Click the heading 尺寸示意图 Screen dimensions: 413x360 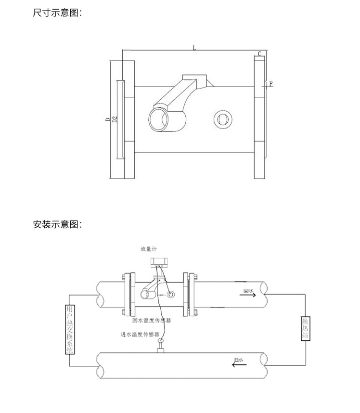(x=57, y=13)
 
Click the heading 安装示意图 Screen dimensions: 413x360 (x=57, y=224)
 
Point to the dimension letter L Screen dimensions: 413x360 (x=194, y=48)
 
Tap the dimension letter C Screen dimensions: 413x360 (x=259, y=53)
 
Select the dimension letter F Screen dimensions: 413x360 (x=271, y=84)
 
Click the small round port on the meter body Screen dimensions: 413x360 (x=222, y=117)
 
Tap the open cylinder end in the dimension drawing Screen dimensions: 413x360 (x=159, y=119)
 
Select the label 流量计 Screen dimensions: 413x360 (x=149, y=249)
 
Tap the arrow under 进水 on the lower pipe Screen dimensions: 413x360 (x=238, y=364)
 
